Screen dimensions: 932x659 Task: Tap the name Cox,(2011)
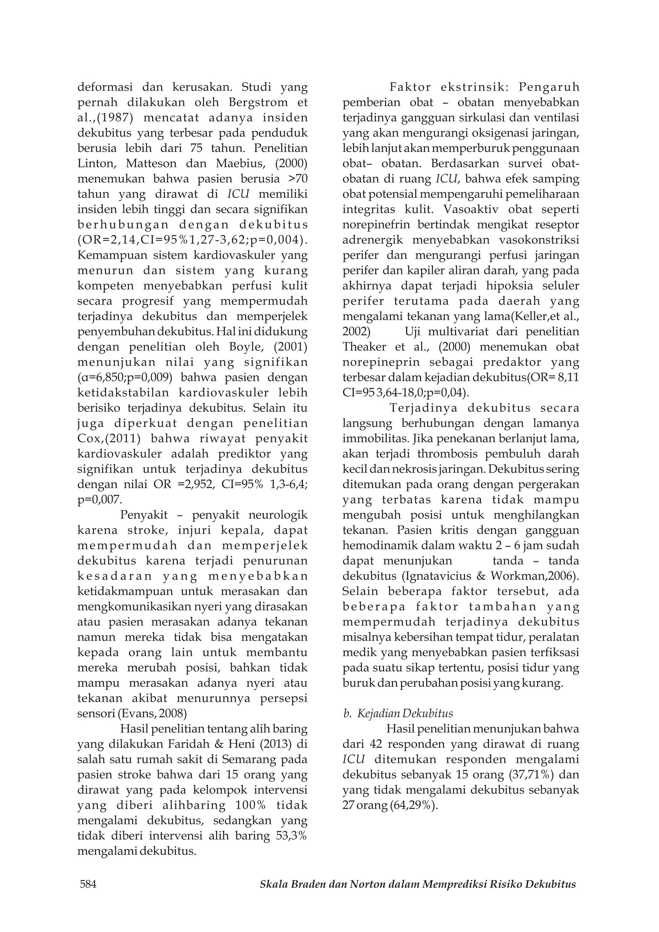[x=109, y=439]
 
